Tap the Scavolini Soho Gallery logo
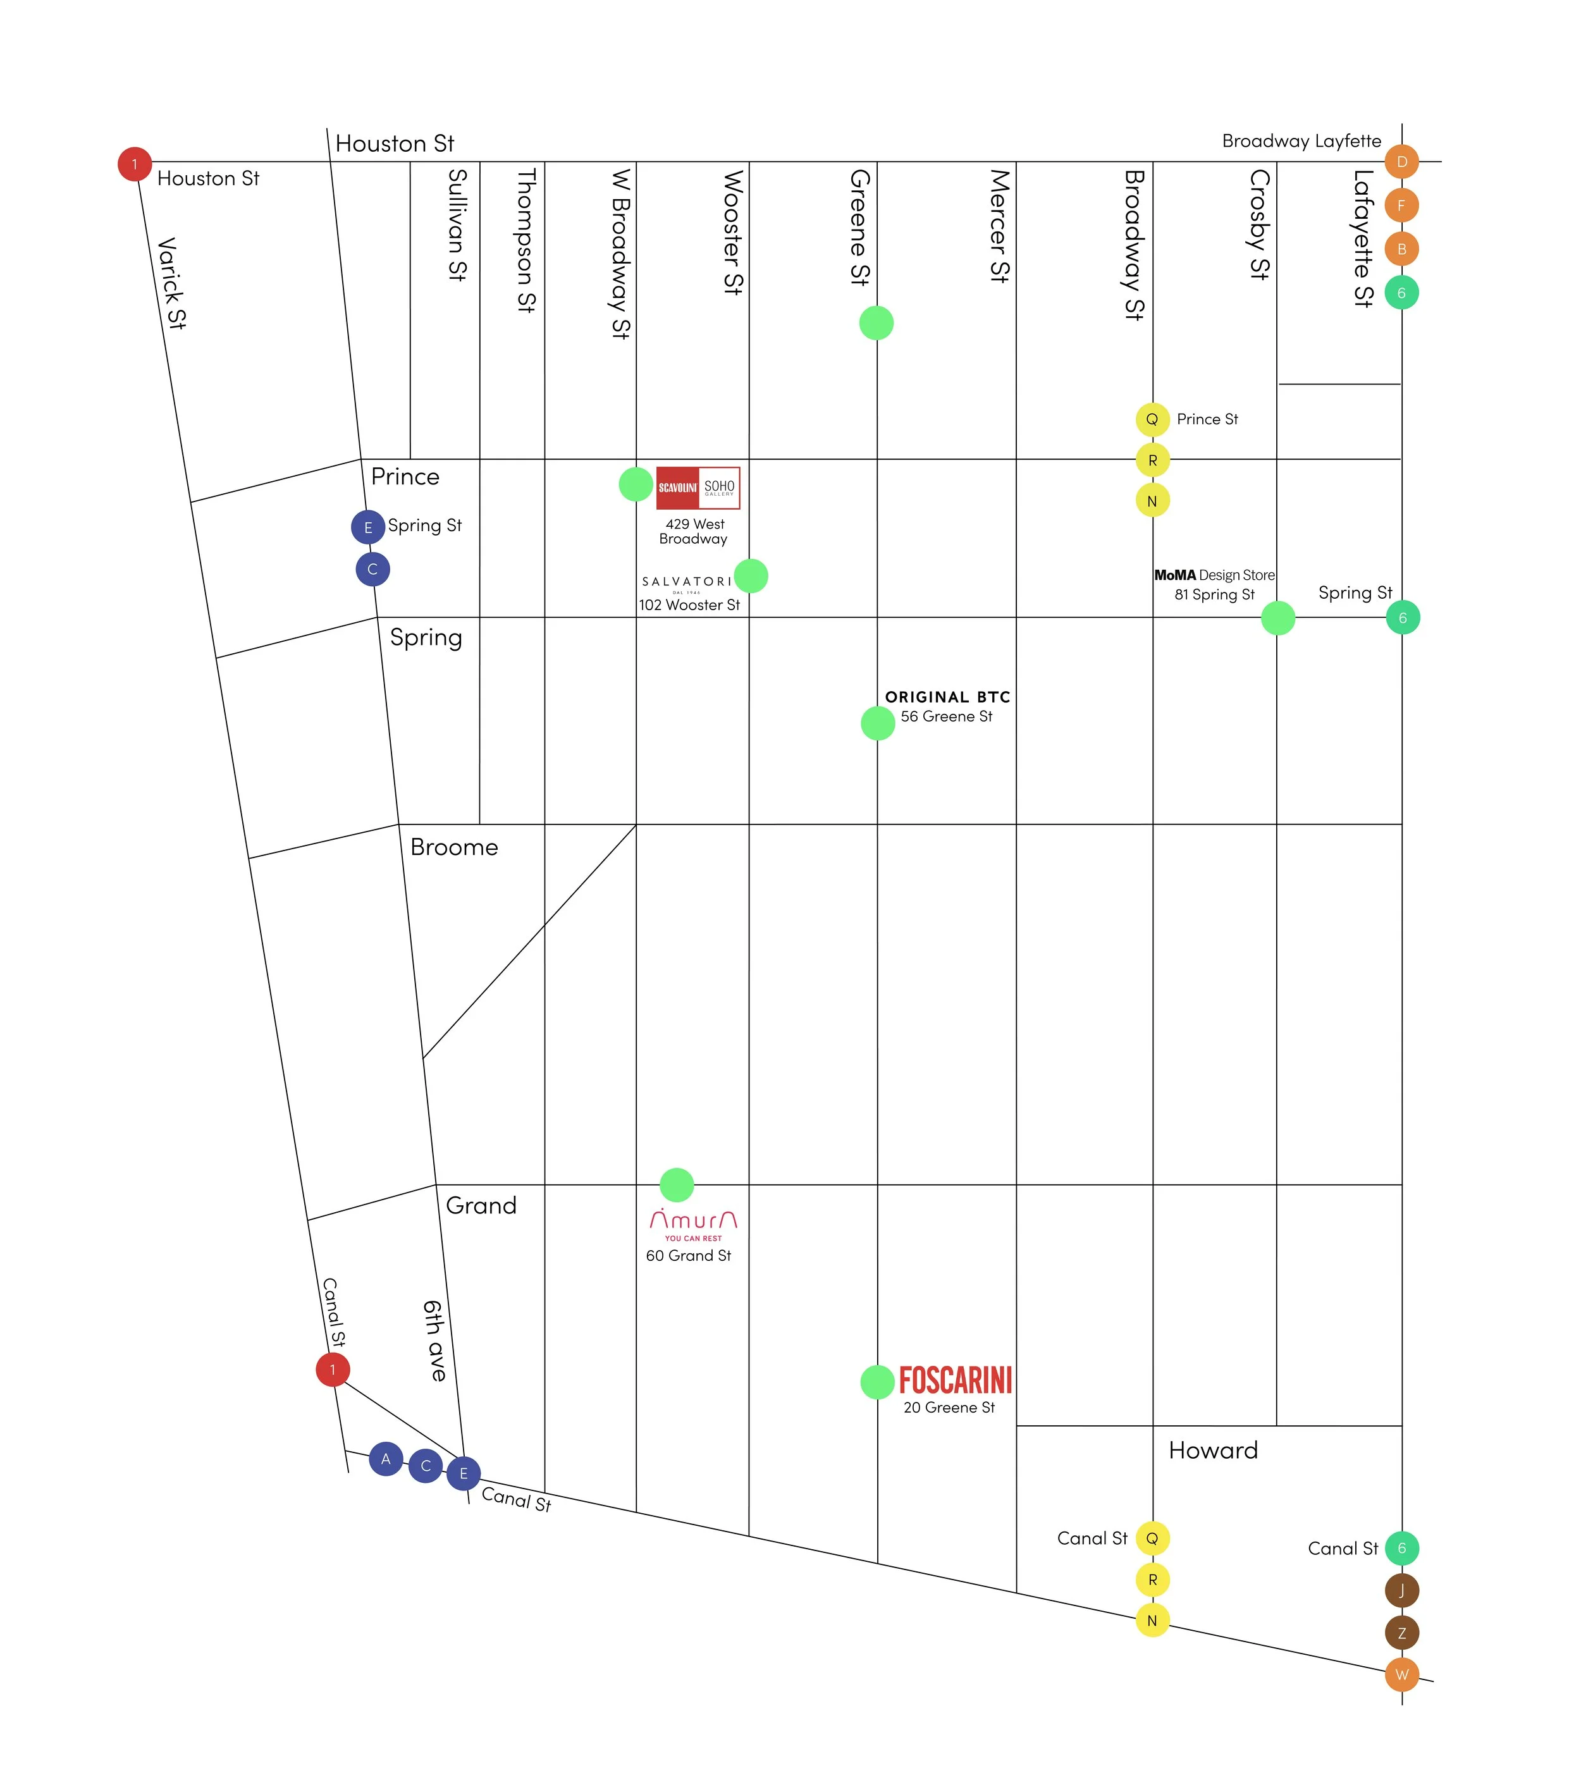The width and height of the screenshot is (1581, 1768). click(x=698, y=488)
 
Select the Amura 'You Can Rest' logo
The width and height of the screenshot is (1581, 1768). click(x=693, y=1224)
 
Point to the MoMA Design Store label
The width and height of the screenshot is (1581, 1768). click(x=1214, y=575)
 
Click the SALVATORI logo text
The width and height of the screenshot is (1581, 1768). click(x=686, y=582)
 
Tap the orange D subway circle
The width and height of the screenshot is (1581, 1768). click(x=1401, y=161)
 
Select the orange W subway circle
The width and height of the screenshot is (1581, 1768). click(x=1401, y=1675)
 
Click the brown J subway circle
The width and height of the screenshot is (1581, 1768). click(x=1401, y=1591)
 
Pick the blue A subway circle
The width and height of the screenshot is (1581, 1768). click(x=386, y=1459)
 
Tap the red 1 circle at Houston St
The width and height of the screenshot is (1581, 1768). click(x=135, y=164)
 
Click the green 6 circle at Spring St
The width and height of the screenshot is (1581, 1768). click(x=1402, y=618)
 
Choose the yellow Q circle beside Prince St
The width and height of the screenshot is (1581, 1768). click(x=1152, y=419)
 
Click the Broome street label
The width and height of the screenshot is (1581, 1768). click(x=454, y=847)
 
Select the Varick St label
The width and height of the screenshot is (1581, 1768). click(x=171, y=283)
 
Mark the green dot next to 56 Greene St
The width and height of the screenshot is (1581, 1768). click(x=877, y=723)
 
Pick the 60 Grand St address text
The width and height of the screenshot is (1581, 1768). click(x=688, y=1256)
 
